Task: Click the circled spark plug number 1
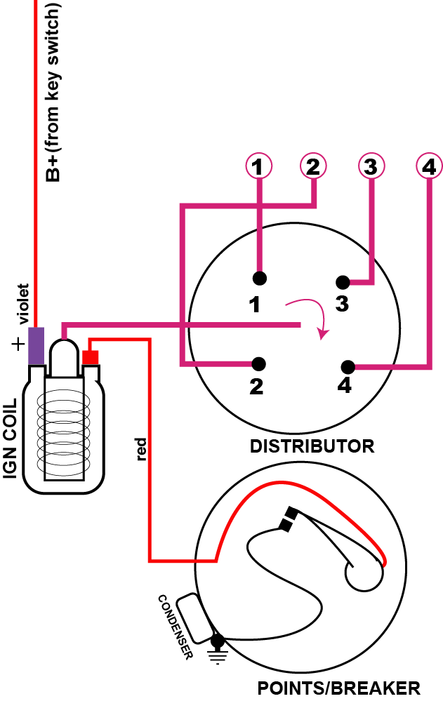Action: pos(259,167)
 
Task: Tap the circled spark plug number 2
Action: pos(313,167)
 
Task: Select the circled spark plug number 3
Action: pos(371,167)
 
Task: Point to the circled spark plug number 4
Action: pos(428,167)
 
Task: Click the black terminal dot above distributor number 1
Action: pos(260,278)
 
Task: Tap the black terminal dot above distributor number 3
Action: pos(342,283)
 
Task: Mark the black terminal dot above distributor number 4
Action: pos(347,367)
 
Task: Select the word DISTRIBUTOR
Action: pos(312,446)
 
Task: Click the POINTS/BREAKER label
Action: pos(339,687)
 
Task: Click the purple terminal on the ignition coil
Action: pos(37,345)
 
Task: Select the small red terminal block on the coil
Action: pos(91,357)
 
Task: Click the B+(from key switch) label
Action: pos(53,92)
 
